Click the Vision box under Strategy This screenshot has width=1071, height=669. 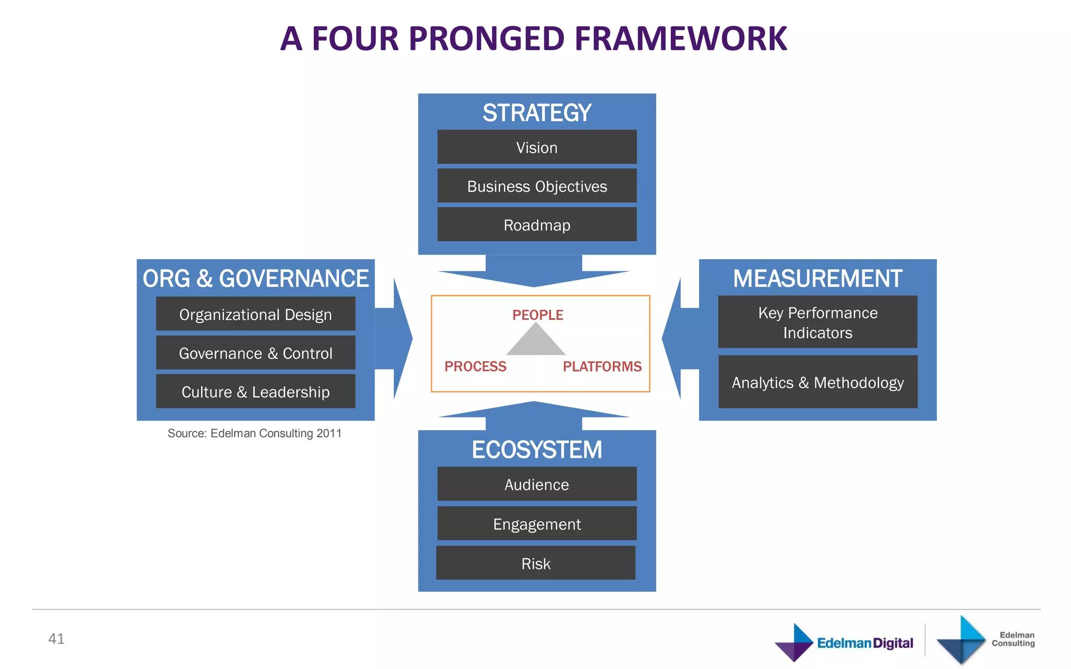click(x=537, y=147)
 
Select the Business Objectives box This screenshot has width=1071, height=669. click(x=537, y=186)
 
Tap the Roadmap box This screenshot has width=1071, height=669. click(x=537, y=225)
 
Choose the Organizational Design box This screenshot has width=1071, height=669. click(x=255, y=314)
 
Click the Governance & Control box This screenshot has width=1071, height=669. click(x=255, y=353)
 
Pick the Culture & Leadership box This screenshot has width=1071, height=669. click(x=255, y=391)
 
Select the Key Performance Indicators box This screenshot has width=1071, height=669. click(x=817, y=322)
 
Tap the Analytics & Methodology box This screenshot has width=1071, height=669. click(x=817, y=382)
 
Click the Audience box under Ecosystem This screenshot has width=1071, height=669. click(x=537, y=485)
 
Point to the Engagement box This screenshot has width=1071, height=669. click(x=537, y=524)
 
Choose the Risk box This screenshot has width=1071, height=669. click(x=535, y=563)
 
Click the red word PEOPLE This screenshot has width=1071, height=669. click(x=538, y=315)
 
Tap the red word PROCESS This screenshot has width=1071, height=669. click(x=475, y=366)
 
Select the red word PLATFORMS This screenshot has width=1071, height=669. click(x=602, y=366)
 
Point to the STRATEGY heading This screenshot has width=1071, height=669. click(x=537, y=113)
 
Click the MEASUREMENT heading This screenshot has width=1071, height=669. click(x=817, y=279)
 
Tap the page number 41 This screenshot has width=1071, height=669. click(x=56, y=639)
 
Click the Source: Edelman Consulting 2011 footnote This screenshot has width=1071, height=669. click(x=254, y=433)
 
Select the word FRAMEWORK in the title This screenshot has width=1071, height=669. click(x=680, y=39)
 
